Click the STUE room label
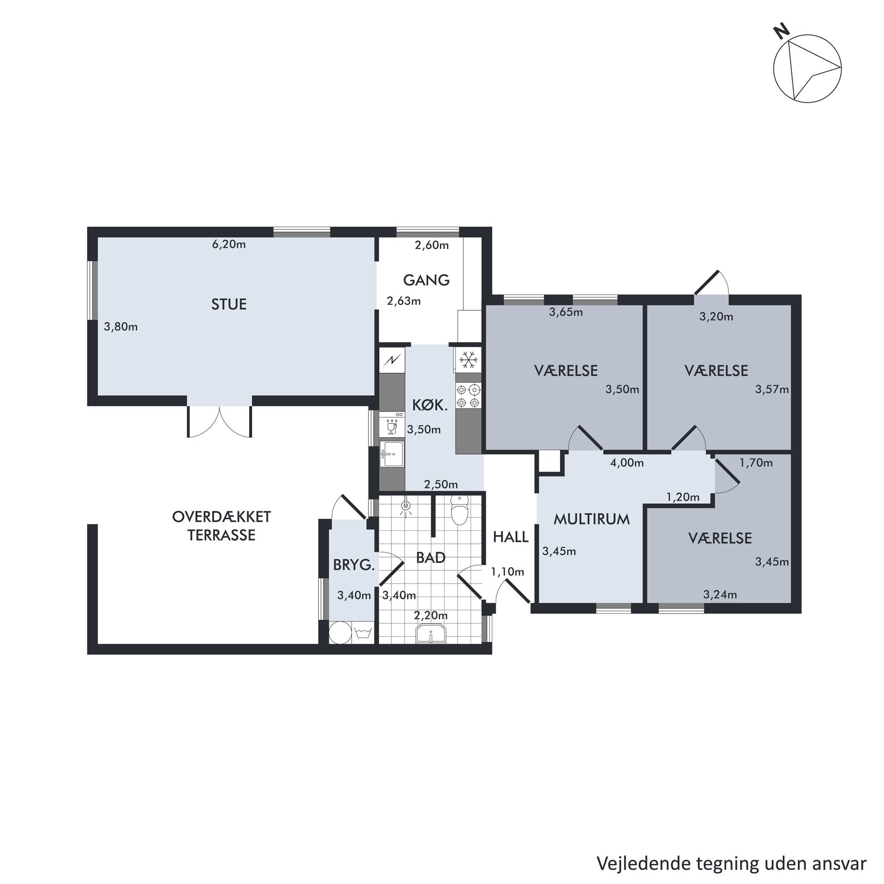pyautogui.click(x=229, y=304)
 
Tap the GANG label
pyautogui.click(x=426, y=280)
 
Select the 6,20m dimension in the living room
pyautogui.click(x=229, y=244)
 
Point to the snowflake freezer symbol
pyautogui.click(x=468, y=360)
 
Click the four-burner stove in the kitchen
pyautogui.click(x=468, y=396)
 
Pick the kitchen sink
pyautogui.click(x=391, y=454)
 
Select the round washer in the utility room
pyautogui.click(x=340, y=633)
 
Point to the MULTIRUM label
pyautogui.click(x=592, y=520)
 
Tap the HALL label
pyautogui.click(x=511, y=537)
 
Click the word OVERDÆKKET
pyautogui.click(x=221, y=517)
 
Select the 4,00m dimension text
pyautogui.click(x=627, y=463)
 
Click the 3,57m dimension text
pyautogui.click(x=772, y=390)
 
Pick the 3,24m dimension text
pyautogui.click(x=720, y=595)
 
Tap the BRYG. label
pyautogui.click(x=354, y=565)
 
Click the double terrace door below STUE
pyautogui.click(x=220, y=421)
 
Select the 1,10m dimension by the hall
pyautogui.click(x=507, y=572)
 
